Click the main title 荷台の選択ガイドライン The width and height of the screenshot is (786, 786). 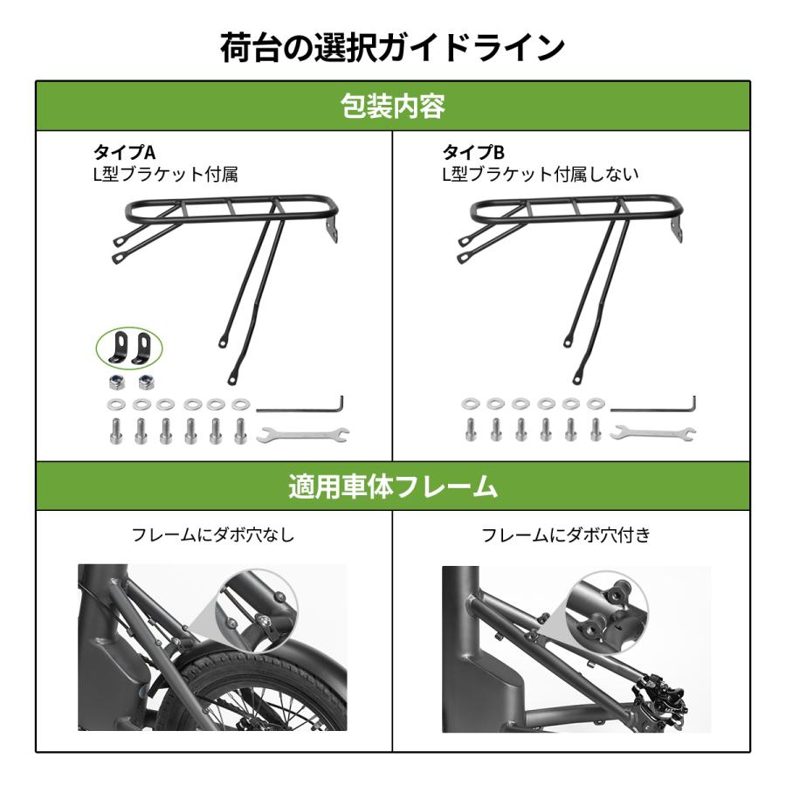(x=392, y=48)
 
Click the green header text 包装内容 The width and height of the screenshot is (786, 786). (x=392, y=107)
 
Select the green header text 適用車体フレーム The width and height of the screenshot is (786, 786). (x=392, y=486)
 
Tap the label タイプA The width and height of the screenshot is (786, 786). (x=124, y=153)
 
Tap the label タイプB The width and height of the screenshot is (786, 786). (x=472, y=153)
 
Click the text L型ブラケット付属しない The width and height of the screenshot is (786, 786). (x=540, y=174)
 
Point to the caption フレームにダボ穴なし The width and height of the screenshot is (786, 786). (x=213, y=534)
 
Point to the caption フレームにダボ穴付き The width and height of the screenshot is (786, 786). (x=566, y=534)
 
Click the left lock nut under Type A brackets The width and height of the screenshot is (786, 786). (x=115, y=382)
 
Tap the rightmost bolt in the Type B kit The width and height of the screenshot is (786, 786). (x=596, y=429)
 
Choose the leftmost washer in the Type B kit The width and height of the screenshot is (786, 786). (x=470, y=404)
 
